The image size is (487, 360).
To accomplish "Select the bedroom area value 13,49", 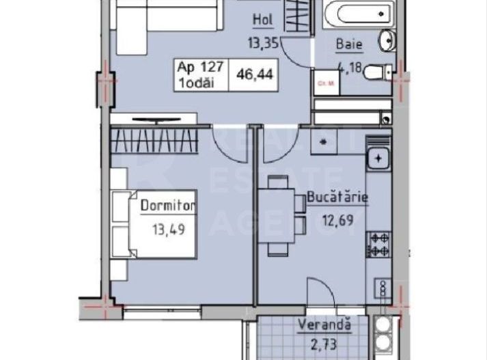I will [168, 225].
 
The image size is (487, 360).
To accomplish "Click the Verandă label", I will [325, 326].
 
